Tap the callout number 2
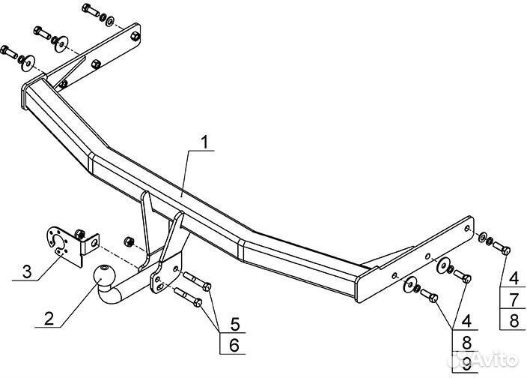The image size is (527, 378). (49, 317)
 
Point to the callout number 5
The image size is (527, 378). (234, 325)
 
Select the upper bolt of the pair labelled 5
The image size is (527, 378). (196, 283)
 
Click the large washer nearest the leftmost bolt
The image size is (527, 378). (29, 61)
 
